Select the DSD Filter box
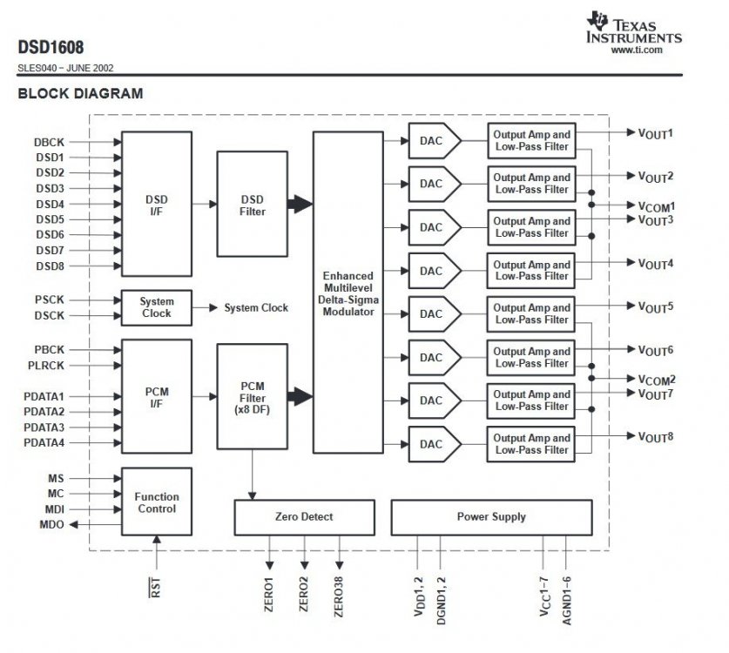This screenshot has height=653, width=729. tap(252, 204)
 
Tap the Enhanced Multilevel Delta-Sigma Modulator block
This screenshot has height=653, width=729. tap(348, 293)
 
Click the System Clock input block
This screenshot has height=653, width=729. tap(156, 307)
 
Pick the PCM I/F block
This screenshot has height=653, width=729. tap(156, 397)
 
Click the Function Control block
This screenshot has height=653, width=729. tap(156, 502)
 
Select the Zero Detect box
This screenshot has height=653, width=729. tap(303, 517)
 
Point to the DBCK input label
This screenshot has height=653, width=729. tap(50, 142)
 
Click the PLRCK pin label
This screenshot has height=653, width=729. tap(44, 366)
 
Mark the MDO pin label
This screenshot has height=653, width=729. tap(51, 525)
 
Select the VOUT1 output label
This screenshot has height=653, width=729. tap(656, 134)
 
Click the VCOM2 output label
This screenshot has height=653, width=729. tap(657, 380)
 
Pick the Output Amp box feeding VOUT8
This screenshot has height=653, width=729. tap(531, 444)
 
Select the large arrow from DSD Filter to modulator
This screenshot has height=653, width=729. tap(300, 204)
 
